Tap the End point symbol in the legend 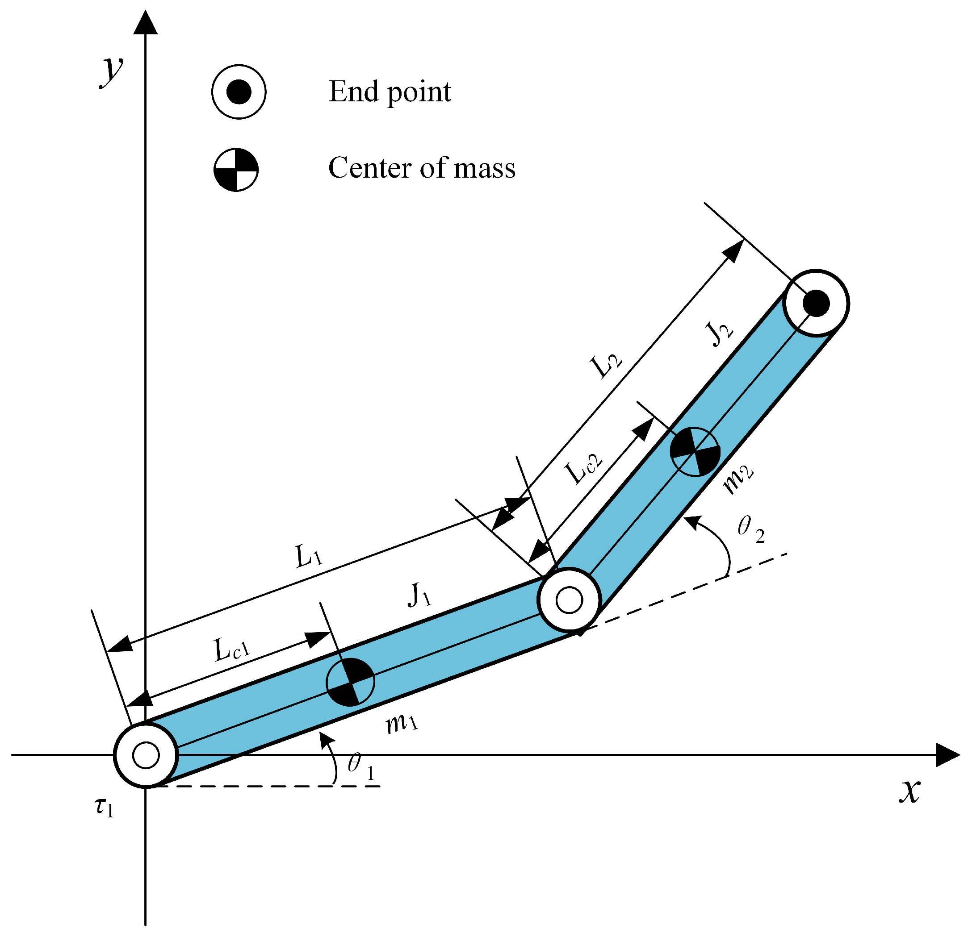point(239,92)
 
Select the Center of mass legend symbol point(236,169)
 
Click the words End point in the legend point(390,92)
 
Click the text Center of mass point(422,168)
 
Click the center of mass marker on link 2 point(695,451)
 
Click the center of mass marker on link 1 point(351,682)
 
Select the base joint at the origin point(146,755)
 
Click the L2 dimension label point(607,366)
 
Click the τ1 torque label point(104,808)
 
